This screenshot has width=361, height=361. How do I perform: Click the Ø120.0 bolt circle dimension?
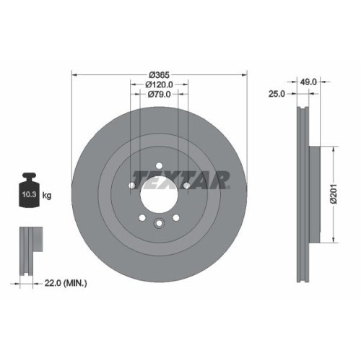coord(160,84)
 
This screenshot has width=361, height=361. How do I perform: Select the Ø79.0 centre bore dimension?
coord(160,94)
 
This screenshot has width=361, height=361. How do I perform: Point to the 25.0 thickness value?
coord(278,94)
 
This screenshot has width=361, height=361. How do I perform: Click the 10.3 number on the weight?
coord(27,195)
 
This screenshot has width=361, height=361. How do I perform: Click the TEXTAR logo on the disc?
coord(180,178)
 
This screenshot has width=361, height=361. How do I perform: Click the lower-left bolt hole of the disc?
coord(142,219)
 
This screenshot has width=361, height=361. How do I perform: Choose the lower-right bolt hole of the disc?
coord(176,219)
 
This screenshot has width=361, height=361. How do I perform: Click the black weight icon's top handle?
coord(30,176)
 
